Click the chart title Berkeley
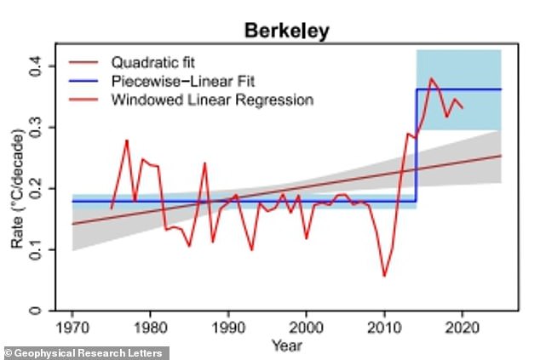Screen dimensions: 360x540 [x=287, y=32]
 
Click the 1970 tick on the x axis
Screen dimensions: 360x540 [x=72, y=328]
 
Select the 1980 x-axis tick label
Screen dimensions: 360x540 [x=151, y=328]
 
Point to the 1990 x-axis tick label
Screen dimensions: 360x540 [x=228, y=328]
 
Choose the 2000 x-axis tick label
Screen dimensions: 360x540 [x=307, y=328]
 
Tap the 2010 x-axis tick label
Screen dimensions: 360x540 [x=384, y=328]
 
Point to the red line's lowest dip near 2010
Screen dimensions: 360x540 [x=384, y=276]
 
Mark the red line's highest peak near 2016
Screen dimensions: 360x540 [x=432, y=78]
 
